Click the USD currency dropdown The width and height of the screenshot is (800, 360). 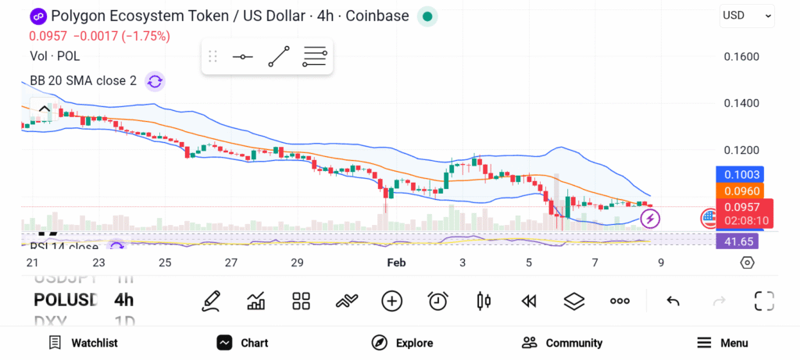(x=747, y=15)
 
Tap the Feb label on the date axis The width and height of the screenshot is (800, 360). (x=397, y=263)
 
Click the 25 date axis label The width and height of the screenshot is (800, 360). (x=165, y=263)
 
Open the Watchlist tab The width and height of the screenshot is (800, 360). (x=83, y=343)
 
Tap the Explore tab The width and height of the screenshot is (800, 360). (x=402, y=343)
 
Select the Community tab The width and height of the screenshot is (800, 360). (x=562, y=343)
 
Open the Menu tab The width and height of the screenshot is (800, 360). (x=723, y=343)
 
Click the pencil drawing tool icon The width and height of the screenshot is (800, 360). (x=210, y=301)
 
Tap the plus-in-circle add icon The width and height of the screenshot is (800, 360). (x=391, y=301)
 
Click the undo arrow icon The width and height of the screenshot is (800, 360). (x=673, y=301)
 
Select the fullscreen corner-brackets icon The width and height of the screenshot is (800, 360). (x=764, y=301)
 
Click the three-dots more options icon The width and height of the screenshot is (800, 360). (x=620, y=301)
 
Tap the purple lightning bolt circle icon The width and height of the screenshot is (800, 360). (x=650, y=219)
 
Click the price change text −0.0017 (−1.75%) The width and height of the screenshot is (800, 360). (x=121, y=36)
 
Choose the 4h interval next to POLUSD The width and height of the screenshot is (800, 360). (x=123, y=300)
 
